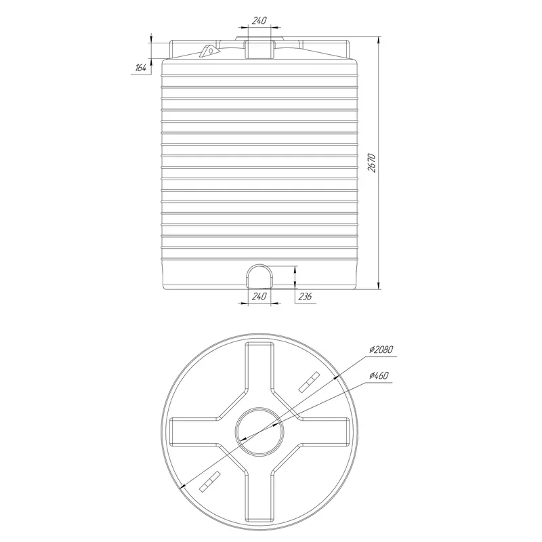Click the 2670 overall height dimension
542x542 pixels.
tap(371, 163)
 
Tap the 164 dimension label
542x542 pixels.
tap(140, 68)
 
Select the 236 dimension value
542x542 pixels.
tap(305, 296)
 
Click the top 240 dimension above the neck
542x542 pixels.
tap(259, 21)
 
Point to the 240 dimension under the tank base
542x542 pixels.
tap(259, 296)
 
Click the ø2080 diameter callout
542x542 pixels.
tap(381, 350)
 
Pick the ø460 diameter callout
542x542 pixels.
tap(379, 375)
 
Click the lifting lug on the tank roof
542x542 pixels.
tap(209, 50)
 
